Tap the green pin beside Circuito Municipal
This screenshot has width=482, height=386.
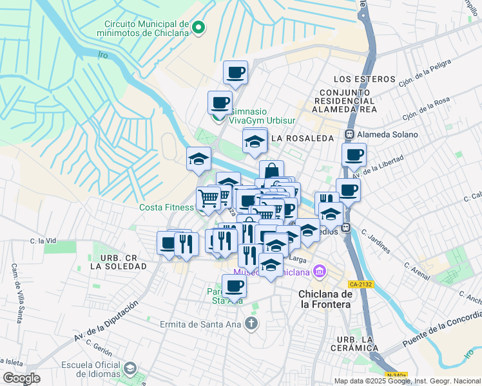point(198,28)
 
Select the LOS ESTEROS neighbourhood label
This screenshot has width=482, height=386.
point(364,78)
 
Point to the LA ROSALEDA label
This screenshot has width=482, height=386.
point(302,138)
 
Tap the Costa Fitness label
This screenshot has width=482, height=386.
point(166,207)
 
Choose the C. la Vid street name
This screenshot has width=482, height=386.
point(44,241)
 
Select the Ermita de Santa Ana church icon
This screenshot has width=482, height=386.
point(252,323)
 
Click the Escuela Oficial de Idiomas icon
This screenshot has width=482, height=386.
point(130,369)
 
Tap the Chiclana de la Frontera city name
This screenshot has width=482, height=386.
point(325,299)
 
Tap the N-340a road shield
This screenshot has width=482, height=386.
point(397,375)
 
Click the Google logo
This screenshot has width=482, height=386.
point(22,378)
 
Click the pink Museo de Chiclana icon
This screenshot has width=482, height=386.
point(318,272)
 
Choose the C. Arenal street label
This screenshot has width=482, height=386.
point(416,270)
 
